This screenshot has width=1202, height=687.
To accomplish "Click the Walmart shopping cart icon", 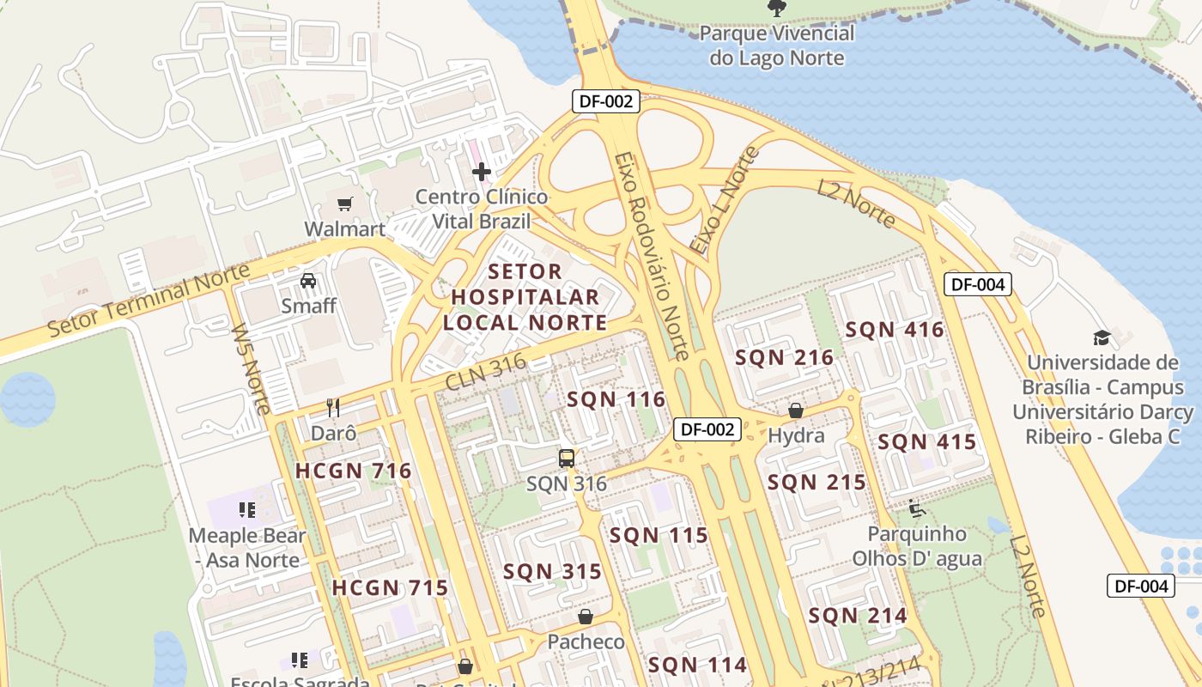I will pyautogui.click(x=344, y=204).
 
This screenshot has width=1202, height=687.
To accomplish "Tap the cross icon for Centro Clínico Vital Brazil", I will pyautogui.click(x=482, y=172).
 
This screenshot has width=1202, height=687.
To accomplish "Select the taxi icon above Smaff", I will pyautogui.click(x=308, y=280).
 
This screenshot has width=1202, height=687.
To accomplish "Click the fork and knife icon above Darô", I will pyautogui.click(x=333, y=408).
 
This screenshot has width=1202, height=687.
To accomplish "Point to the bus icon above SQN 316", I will pyautogui.click(x=567, y=459).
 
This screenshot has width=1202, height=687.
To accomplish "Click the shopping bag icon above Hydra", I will pyautogui.click(x=796, y=410).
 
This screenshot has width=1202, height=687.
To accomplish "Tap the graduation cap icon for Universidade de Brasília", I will pyautogui.click(x=1102, y=337).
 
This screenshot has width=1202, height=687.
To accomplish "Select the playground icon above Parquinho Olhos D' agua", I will pyautogui.click(x=917, y=508).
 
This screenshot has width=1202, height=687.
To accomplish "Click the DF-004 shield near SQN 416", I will pyautogui.click(x=978, y=284).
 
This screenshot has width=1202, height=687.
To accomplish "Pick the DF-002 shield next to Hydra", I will pyautogui.click(x=707, y=429).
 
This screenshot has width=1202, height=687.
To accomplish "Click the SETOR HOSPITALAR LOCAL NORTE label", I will pyautogui.click(x=525, y=297).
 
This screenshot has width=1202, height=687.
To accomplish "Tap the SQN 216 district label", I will pyautogui.click(x=785, y=358).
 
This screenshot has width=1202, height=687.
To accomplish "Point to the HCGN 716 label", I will pyautogui.click(x=354, y=471).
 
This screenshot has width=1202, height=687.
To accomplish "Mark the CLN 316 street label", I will pyautogui.click(x=486, y=374).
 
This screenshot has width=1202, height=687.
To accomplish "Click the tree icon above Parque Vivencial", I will pyautogui.click(x=776, y=9).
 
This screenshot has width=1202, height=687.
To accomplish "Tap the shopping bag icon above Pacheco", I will pyautogui.click(x=586, y=617).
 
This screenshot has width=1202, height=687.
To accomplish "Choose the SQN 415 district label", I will pyautogui.click(x=927, y=442).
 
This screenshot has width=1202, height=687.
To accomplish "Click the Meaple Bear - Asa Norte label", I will pyautogui.click(x=247, y=548).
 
